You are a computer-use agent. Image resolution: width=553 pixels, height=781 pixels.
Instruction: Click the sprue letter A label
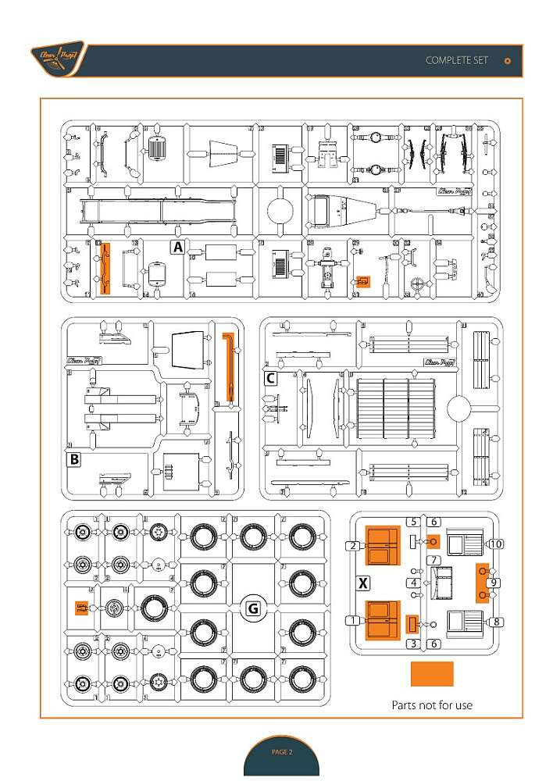click(x=178, y=248)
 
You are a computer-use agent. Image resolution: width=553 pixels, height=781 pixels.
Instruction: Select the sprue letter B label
click(x=74, y=460)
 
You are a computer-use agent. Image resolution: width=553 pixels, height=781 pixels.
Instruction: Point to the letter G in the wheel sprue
click(x=252, y=609)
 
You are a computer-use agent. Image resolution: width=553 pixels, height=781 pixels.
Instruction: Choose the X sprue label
click(x=362, y=583)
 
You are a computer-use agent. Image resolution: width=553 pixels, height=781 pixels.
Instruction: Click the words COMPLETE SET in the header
click(x=457, y=60)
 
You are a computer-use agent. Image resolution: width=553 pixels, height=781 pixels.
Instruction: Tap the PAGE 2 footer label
click(x=281, y=752)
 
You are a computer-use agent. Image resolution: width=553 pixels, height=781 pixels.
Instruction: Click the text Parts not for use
click(x=432, y=705)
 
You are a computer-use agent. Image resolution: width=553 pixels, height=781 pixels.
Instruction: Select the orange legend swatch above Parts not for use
click(x=432, y=674)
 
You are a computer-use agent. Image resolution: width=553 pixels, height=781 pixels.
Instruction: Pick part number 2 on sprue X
click(x=354, y=545)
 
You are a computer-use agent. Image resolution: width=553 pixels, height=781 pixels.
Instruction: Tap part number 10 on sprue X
click(x=495, y=543)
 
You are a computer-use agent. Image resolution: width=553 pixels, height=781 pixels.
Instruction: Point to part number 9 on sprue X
click(x=494, y=583)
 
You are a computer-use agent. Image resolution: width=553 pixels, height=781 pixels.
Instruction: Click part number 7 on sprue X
click(x=434, y=561)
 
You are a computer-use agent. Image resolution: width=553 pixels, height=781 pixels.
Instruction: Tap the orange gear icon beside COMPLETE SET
click(x=508, y=61)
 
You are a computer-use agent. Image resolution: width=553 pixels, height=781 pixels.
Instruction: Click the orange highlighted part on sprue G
click(x=81, y=608)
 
